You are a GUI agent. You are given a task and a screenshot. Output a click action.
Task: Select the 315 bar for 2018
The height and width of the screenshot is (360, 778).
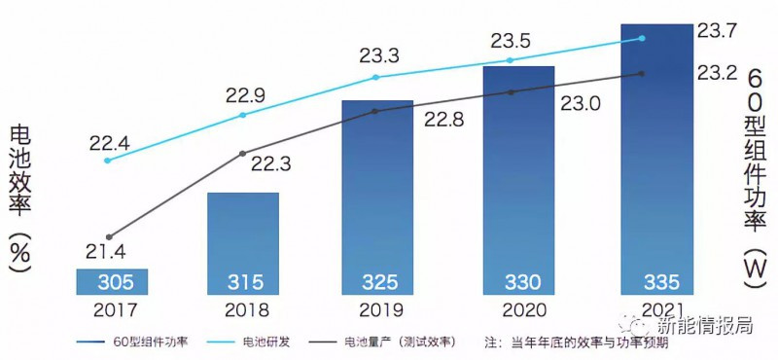point(243,243)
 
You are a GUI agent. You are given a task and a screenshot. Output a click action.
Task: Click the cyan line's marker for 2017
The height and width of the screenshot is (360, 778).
point(107,160)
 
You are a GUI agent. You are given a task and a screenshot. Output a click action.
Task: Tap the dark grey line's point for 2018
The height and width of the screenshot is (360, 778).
point(243,154)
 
